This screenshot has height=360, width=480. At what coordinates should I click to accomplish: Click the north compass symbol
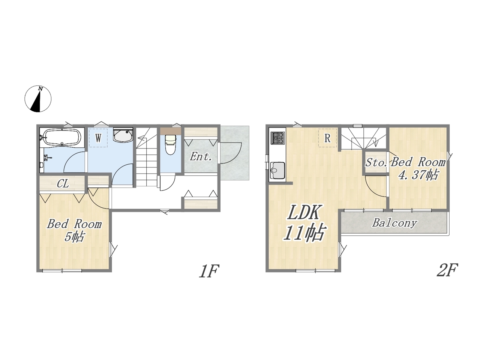[x=38, y=99]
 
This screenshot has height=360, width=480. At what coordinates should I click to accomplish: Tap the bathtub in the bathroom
[x=62, y=136]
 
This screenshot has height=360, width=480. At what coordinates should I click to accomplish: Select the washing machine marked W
[x=98, y=138]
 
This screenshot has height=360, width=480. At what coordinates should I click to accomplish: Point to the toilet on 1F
[x=171, y=144]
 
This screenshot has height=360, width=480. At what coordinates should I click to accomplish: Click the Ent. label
[x=201, y=157]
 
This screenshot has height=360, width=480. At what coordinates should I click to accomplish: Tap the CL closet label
[x=63, y=184]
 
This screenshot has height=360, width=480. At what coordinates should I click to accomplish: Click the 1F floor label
[x=209, y=271]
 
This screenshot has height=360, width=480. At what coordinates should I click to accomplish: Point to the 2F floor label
[x=447, y=270]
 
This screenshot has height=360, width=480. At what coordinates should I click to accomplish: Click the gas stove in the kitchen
[x=278, y=138]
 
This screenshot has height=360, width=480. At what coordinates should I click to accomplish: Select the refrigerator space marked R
[x=327, y=138]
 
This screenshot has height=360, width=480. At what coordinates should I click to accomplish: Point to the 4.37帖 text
[x=418, y=175]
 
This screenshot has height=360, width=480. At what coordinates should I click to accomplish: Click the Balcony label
[x=395, y=223]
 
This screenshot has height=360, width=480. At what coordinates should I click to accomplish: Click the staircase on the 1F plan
[x=147, y=157]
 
